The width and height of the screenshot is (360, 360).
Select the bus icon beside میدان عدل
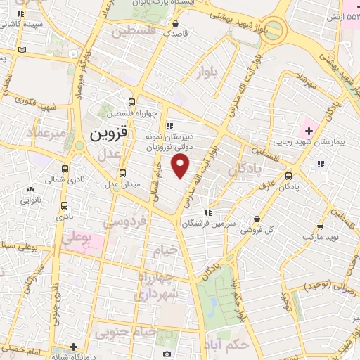tap(122, 173)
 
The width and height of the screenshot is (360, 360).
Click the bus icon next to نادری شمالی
tap(65, 169)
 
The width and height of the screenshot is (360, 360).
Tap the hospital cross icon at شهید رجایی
tap(308, 130)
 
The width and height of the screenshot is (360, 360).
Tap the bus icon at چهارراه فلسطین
tap(131, 101)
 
